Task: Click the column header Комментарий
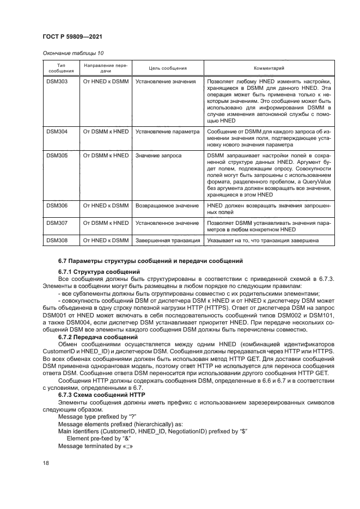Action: point(269,68)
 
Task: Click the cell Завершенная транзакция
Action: point(168,241)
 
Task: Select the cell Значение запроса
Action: point(158,155)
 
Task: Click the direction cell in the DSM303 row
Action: point(106,81)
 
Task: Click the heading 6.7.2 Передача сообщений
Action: point(98,338)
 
